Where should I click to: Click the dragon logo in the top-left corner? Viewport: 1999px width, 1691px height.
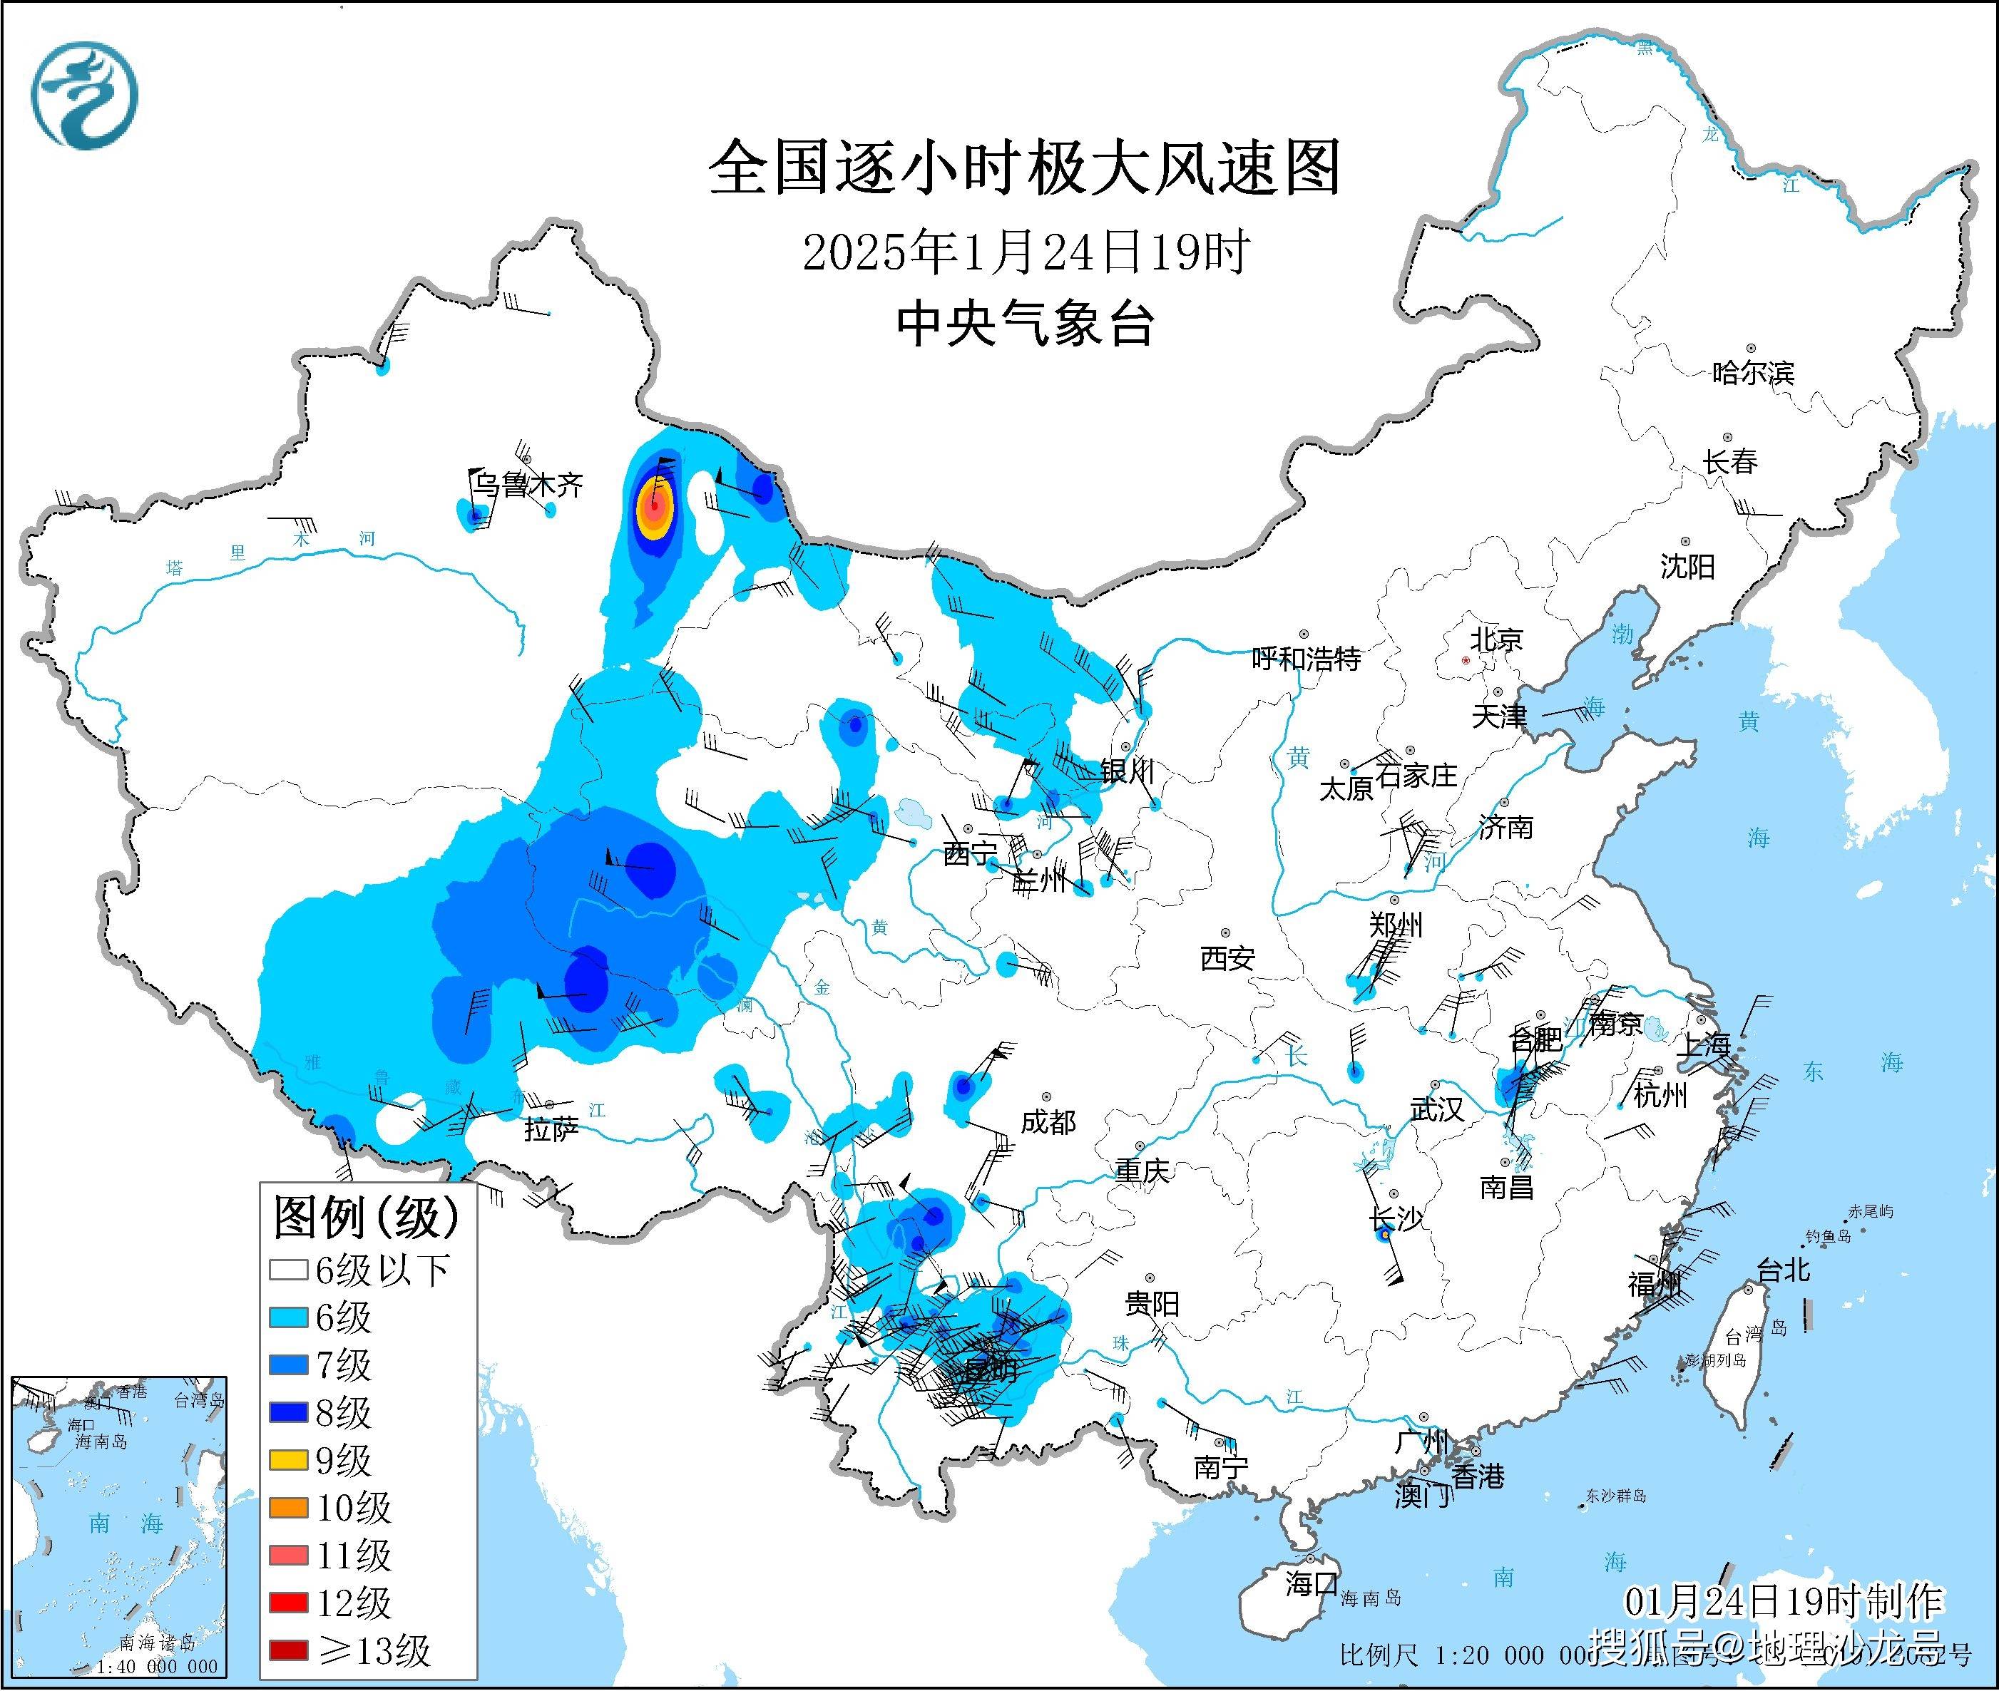tap(84, 96)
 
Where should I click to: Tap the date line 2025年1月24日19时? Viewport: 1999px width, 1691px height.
tap(1025, 253)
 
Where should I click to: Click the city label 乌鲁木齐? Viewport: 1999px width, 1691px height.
tap(527, 485)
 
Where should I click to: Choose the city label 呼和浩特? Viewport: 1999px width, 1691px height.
tap(1306, 659)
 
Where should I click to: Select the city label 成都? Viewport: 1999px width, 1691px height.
tap(1047, 1121)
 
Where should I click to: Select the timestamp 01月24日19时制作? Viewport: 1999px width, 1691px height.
tap(1782, 1602)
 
